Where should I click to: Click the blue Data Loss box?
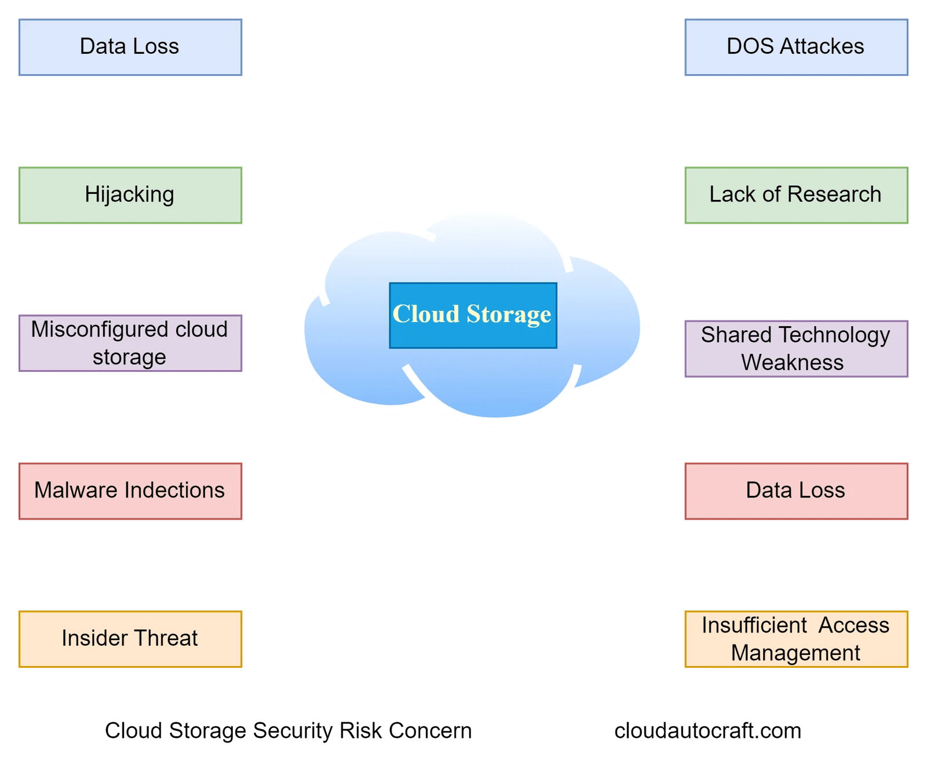130,47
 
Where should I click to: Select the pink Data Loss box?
796,491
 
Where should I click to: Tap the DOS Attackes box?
796,47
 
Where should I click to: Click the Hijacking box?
130,195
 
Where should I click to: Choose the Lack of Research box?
796,195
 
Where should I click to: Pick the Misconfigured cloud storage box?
130,343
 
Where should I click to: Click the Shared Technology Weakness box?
796,349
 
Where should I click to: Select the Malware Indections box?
130,491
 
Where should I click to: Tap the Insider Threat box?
130,639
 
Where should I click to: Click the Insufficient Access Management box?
796,639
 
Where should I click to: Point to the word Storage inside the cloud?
509,314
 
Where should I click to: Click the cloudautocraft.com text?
707,731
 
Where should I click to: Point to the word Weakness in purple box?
792,363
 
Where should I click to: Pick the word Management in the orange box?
795,653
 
